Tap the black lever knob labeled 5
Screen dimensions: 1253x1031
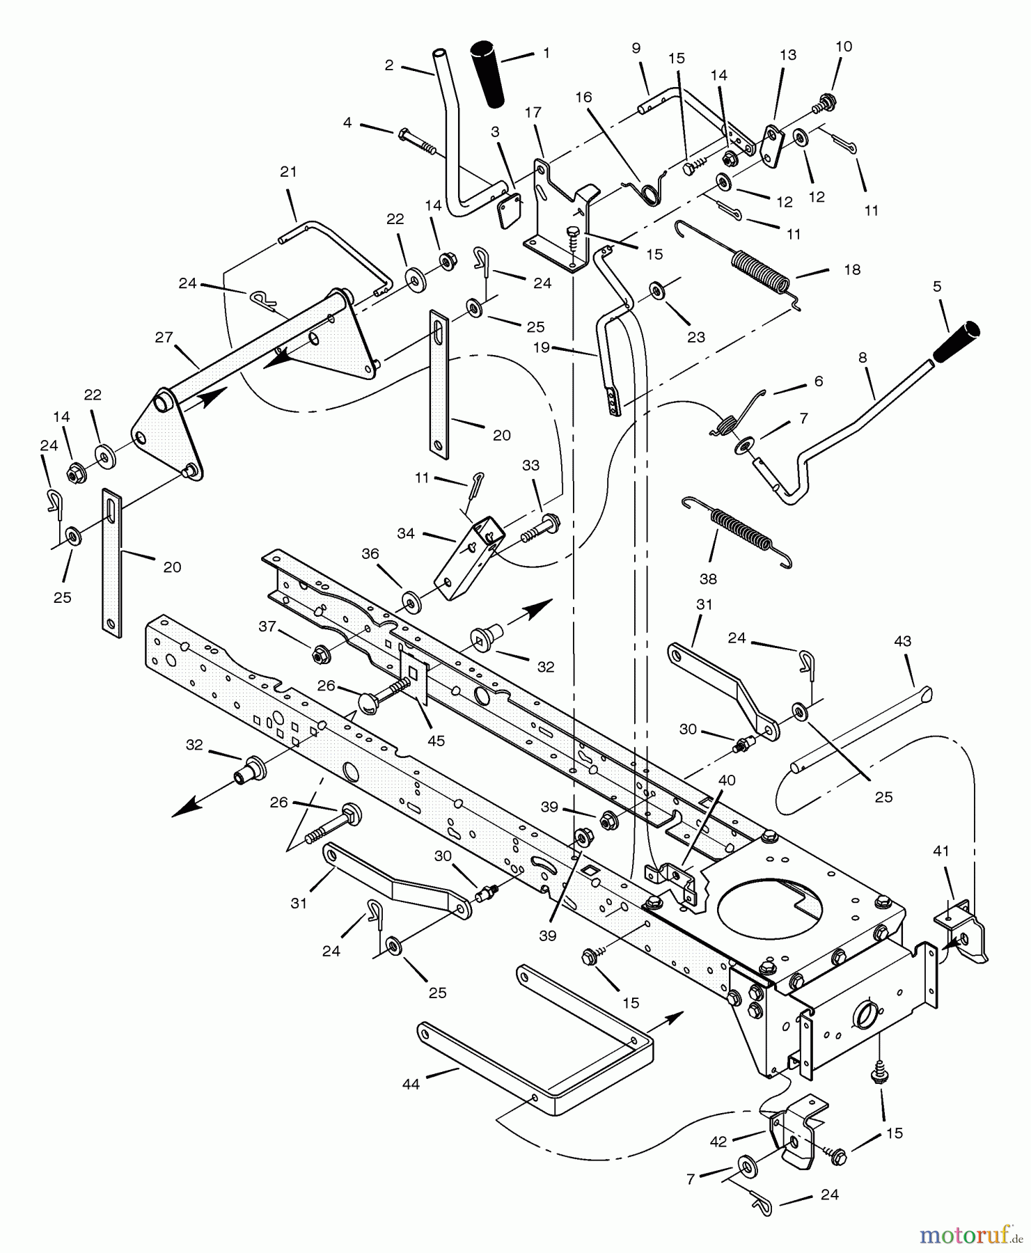point(955,342)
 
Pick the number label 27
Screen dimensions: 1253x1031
point(164,338)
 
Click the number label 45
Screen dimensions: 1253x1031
point(436,741)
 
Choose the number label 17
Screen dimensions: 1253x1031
point(533,112)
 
